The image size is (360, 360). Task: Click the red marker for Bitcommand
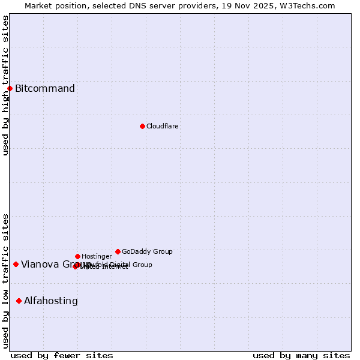[10, 89]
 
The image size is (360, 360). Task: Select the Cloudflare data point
[142, 126]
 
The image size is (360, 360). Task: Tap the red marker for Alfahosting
[19, 301]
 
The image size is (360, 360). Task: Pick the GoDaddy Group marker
[118, 251]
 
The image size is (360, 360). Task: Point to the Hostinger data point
[77, 256]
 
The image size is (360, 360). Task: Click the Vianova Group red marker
[16, 264]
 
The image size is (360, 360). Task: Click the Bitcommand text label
[45, 89]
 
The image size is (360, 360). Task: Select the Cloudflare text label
[162, 126]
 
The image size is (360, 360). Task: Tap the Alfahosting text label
[51, 301]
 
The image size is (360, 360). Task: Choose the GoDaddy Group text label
[147, 251]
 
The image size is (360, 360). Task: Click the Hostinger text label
[97, 256]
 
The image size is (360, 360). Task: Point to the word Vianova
[40, 264]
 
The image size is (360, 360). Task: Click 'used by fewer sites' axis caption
[62, 355]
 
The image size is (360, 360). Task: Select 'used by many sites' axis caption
[301, 355]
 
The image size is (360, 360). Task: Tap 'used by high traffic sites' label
[5, 85]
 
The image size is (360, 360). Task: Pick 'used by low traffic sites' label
[5, 281]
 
